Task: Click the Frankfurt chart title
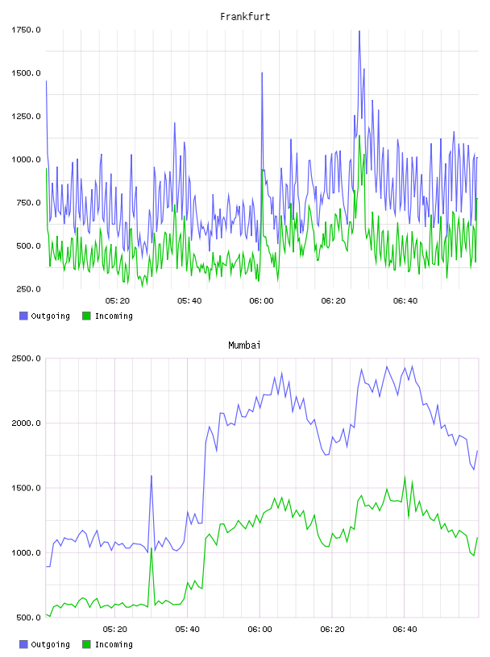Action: pyautogui.click(x=245, y=17)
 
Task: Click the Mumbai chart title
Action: pyautogui.click(x=244, y=345)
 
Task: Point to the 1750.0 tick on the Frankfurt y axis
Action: pyautogui.click(x=26, y=30)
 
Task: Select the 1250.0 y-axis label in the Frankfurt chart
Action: pyautogui.click(x=26, y=116)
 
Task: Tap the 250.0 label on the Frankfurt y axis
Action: pyautogui.click(x=28, y=289)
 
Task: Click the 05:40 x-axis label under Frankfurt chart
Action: pyautogui.click(x=189, y=301)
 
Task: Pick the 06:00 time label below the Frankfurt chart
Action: pyautogui.click(x=261, y=301)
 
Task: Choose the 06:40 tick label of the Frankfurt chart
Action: pyautogui.click(x=405, y=301)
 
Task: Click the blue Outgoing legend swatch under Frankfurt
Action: pyautogui.click(x=23, y=316)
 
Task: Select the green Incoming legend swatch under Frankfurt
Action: pyautogui.click(x=86, y=316)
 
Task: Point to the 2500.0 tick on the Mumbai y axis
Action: pyautogui.click(x=26, y=358)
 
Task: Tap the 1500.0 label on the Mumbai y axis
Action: pyautogui.click(x=26, y=488)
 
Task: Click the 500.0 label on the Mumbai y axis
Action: pyautogui.click(x=28, y=618)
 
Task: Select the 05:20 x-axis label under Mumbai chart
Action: pyautogui.click(x=115, y=630)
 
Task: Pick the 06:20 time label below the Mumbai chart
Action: pyautogui.click(x=332, y=630)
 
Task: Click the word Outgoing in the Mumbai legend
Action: pyautogui.click(x=50, y=644)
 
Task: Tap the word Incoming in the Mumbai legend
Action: pyautogui.click(x=114, y=644)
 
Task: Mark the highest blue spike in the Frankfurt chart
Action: pyautogui.click(x=359, y=32)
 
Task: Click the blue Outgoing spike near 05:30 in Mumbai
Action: pyautogui.click(x=152, y=477)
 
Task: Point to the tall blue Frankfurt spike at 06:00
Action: pyautogui.click(x=262, y=73)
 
